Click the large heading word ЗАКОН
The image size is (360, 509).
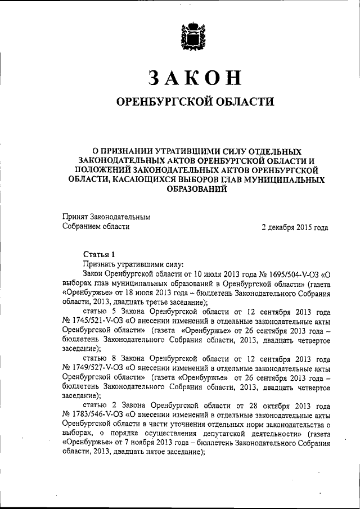pyautogui.click(x=187, y=78)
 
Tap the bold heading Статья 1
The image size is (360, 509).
pyautogui.click(x=99, y=254)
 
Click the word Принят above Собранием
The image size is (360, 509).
pyautogui.click(x=75, y=217)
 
